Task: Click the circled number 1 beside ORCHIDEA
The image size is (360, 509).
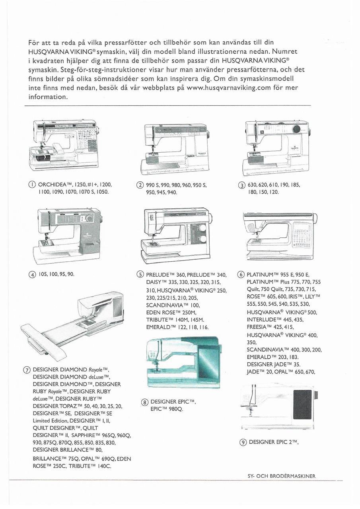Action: click(x=31, y=185)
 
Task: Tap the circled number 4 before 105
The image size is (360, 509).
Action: click(x=31, y=274)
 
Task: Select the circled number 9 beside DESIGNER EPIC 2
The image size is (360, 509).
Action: click(x=243, y=442)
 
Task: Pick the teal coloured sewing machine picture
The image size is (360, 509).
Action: click(x=183, y=362)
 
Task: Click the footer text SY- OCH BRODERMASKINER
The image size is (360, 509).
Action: click(x=281, y=476)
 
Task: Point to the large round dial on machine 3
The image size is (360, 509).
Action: click(x=296, y=129)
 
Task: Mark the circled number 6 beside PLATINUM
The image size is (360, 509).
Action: click(x=241, y=274)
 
